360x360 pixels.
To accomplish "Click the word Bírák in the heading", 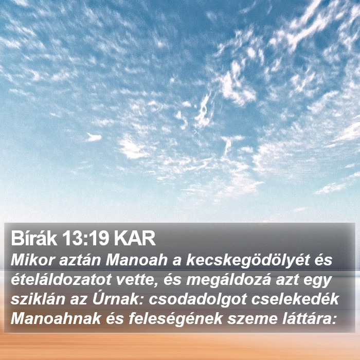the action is coord(34,238).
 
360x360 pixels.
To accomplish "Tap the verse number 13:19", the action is coord(85,238).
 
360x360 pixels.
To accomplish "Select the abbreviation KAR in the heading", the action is coord(135,238).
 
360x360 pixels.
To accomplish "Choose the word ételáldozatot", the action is coord(61,280).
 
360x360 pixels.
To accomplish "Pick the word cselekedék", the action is coord(295,299).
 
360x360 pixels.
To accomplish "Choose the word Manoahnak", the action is coord(56,319).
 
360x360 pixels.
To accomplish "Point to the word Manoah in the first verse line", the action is coord(136,260).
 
